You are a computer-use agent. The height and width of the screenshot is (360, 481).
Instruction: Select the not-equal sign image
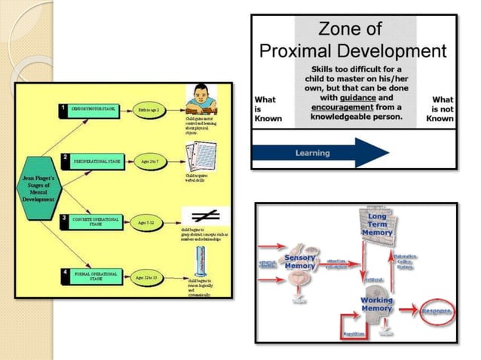click(x=201, y=215)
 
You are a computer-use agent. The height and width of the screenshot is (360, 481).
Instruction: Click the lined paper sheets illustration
click(x=200, y=155)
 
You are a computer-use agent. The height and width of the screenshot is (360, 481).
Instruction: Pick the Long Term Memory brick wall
click(x=375, y=226)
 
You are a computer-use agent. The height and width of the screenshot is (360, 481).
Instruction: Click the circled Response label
click(x=437, y=310)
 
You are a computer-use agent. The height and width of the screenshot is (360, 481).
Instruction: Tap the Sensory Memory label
click(x=300, y=261)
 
